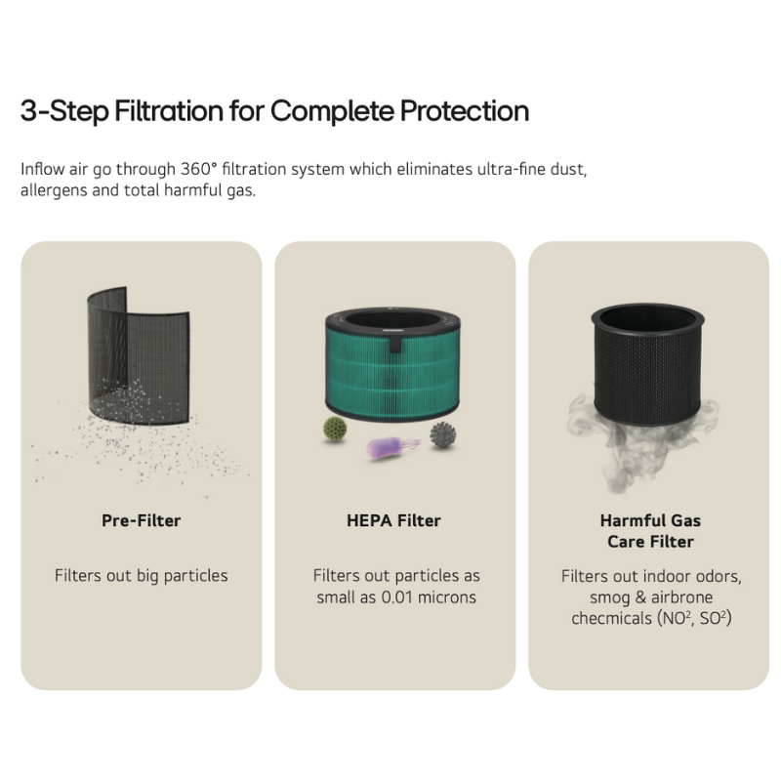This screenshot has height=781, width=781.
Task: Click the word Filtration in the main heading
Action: (x=169, y=110)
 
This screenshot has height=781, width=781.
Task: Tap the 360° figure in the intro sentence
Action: (x=199, y=169)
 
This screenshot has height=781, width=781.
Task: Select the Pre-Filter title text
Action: (x=141, y=520)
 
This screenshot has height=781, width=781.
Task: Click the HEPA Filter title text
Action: (x=393, y=520)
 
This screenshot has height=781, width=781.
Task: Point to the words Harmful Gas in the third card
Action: (x=650, y=520)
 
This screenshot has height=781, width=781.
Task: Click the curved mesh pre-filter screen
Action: (x=139, y=356)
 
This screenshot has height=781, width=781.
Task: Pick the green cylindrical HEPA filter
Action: (x=392, y=364)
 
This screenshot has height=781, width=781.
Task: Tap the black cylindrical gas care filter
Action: (x=648, y=363)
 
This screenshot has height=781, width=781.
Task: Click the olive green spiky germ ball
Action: (x=335, y=429)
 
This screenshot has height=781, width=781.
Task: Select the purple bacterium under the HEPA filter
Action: (x=393, y=447)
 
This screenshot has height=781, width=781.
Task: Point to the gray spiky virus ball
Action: (x=442, y=434)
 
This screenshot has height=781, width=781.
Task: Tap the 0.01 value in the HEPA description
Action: (x=397, y=596)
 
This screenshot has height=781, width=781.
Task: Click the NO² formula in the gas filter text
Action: (x=676, y=618)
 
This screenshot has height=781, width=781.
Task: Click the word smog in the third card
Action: (x=609, y=597)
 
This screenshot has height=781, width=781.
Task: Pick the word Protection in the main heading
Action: (x=465, y=110)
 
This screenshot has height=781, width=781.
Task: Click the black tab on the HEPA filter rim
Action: (x=395, y=343)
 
